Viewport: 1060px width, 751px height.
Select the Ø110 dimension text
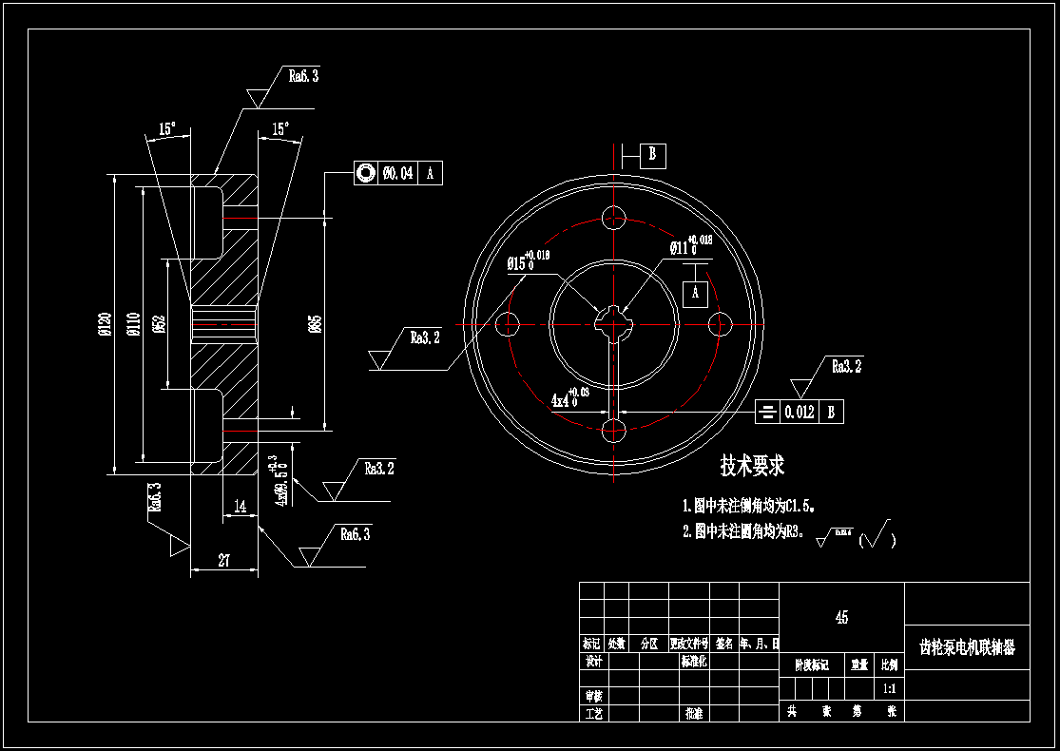point(132,325)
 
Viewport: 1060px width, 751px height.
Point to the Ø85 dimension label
point(315,325)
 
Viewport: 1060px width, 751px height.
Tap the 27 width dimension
point(224,561)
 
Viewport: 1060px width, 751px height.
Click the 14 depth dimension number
point(241,508)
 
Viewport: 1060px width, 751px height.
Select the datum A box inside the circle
point(695,294)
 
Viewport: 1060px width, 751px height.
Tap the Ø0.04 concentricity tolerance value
point(398,173)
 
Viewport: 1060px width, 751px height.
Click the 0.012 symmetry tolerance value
point(799,413)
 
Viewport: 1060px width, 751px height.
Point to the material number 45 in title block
point(841,618)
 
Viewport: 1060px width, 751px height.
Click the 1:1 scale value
point(889,687)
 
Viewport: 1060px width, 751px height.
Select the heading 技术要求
point(752,466)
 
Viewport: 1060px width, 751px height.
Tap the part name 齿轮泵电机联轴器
point(967,647)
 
